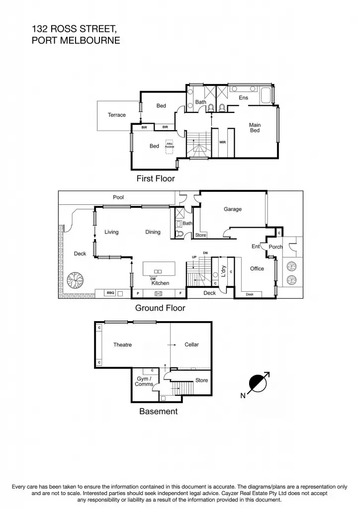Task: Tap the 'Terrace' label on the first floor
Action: [x=117, y=115]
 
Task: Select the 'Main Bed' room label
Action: [x=255, y=128]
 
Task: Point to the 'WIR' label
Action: [x=223, y=142]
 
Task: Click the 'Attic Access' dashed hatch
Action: [x=170, y=145]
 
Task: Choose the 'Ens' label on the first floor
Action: [x=243, y=98]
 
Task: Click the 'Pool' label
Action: [x=118, y=197]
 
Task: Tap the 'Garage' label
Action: [x=232, y=209]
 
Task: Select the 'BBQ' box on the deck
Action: [x=111, y=293]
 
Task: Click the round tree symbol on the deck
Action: [x=76, y=281]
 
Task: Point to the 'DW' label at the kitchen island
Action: [x=154, y=278]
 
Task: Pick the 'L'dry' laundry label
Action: [x=224, y=270]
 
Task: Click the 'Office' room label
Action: [x=257, y=268]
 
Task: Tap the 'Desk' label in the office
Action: [x=250, y=294]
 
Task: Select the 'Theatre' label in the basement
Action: [x=122, y=344]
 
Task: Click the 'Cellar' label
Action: [x=191, y=344]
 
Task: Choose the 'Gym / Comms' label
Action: [x=144, y=381]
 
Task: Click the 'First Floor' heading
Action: [x=156, y=178]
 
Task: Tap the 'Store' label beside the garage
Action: [x=200, y=235]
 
